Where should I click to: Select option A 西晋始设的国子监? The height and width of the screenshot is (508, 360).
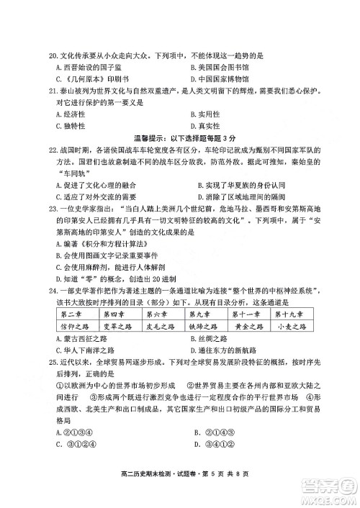click(x=84, y=67)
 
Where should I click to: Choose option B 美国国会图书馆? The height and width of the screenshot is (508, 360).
click(x=221, y=67)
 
